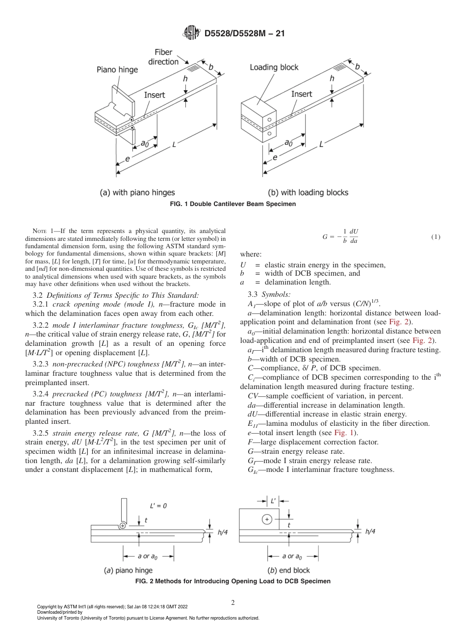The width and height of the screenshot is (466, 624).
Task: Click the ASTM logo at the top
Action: (x=191, y=33)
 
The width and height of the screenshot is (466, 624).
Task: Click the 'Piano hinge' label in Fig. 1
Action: (x=117, y=70)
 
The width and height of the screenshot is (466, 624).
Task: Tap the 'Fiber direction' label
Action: (x=166, y=57)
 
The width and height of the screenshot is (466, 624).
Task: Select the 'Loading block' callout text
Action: (x=274, y=67)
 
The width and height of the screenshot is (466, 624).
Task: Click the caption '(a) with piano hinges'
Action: (x=137, y=192)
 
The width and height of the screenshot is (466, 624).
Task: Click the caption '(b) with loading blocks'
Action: (x=308, y=192)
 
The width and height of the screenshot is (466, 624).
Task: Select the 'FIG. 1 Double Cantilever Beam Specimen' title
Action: (x=233, y=203)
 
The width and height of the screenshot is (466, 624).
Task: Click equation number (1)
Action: (x=436, y=237)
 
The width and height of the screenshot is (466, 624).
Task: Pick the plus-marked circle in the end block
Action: (x=266, y=519)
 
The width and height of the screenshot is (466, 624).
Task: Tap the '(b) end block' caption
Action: (x=288, y=570)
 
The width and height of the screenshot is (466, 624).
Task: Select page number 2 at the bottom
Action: (x=233, y=602)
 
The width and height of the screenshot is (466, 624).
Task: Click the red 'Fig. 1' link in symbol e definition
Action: (x=342, y=433)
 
